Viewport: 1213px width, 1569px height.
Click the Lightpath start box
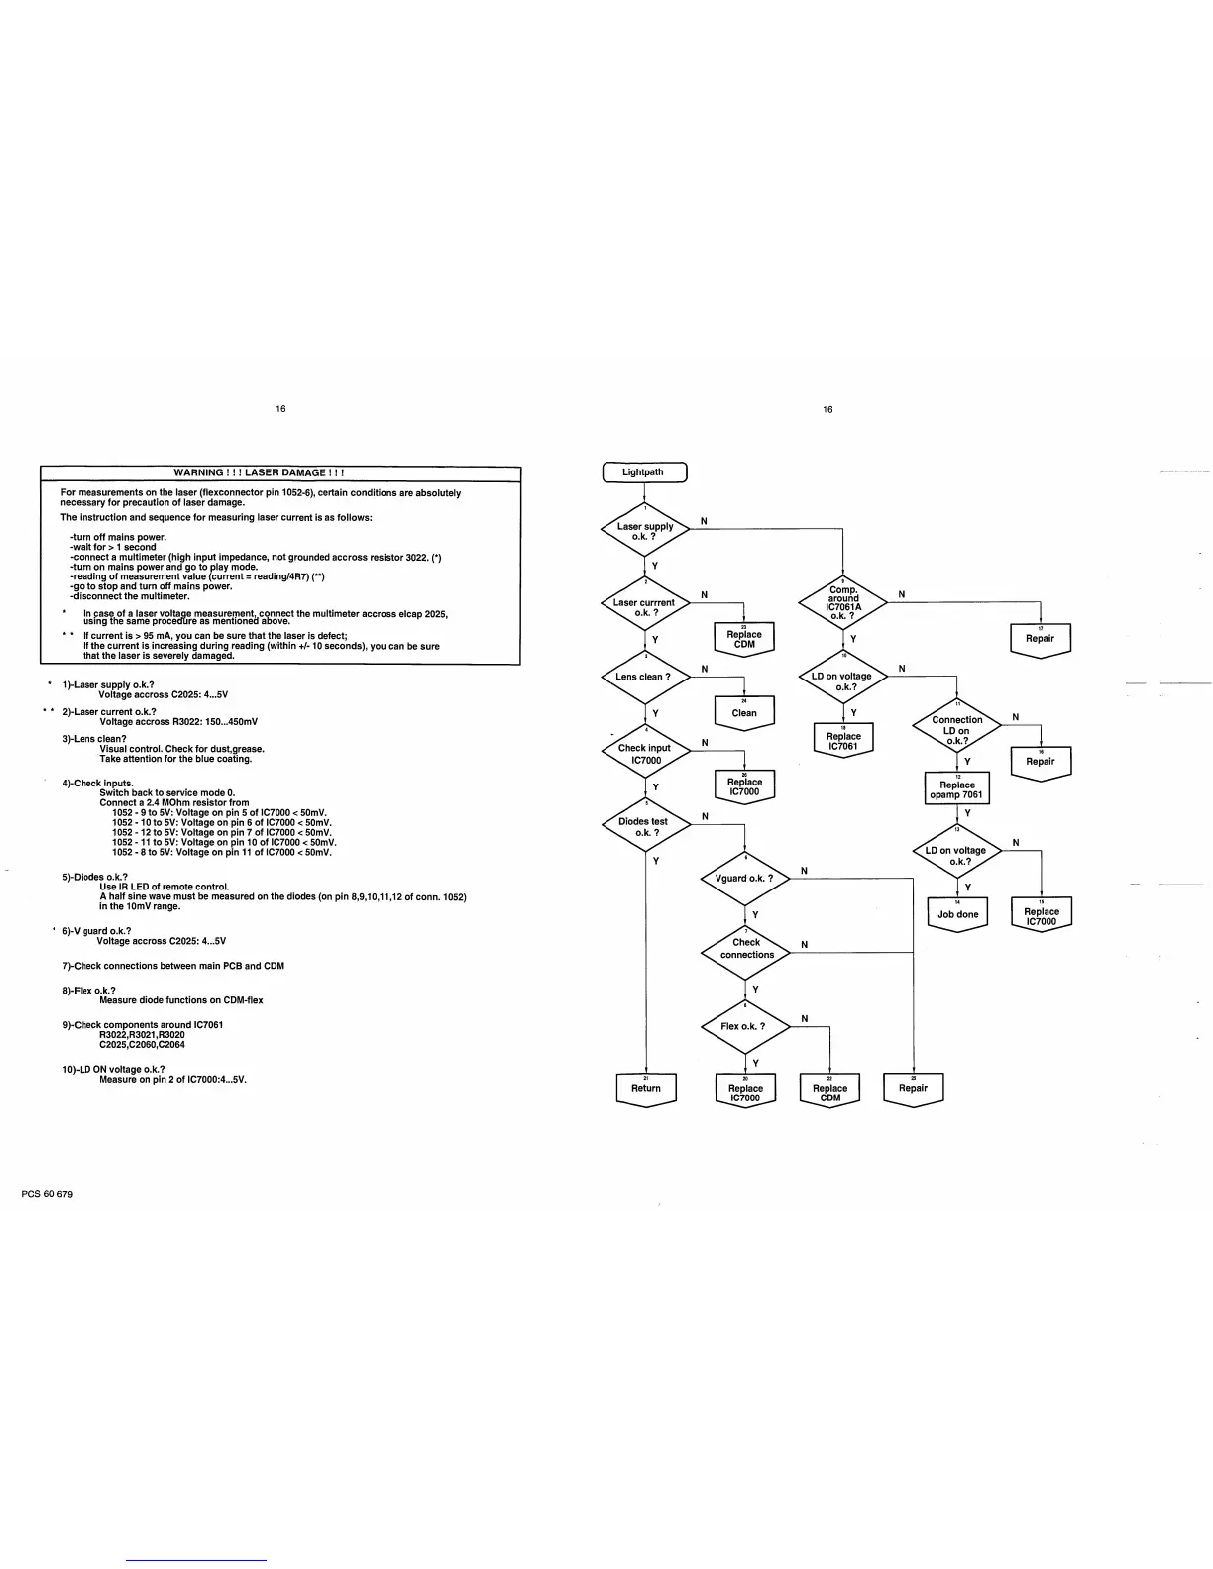point(644,472)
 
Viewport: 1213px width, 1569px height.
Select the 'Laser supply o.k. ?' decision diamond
point(645,532)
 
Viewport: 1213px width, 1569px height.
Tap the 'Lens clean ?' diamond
point(645,678)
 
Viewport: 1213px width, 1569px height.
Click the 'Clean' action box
point(744,713)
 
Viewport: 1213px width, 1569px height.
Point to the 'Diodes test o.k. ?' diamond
point(645,827)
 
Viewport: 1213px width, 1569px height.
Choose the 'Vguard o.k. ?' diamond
point(745,878)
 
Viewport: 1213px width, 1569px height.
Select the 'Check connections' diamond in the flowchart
point(746,949)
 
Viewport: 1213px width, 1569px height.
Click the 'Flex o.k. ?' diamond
point(745,1026)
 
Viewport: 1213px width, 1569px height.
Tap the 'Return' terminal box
point(645,1089)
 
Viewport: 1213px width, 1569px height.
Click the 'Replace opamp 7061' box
point(957,789)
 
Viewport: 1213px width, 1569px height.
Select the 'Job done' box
point(957,914)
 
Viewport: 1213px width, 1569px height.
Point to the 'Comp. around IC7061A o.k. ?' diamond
point(843,602)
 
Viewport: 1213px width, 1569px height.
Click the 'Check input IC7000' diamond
point(645,754)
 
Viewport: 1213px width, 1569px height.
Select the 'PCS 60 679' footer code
point(47,1194)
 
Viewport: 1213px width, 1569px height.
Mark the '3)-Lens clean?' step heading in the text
point(95,739)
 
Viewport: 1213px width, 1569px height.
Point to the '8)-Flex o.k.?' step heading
point(89,991)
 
